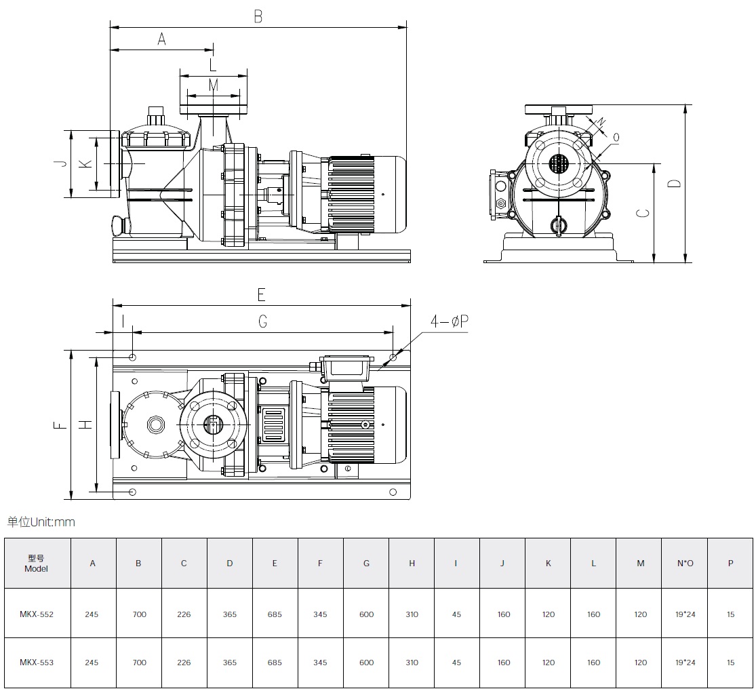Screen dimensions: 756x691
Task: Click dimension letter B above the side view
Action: [258, 16]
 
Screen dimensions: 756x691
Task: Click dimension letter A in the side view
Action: [161, 39]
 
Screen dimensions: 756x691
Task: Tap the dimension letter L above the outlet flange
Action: [213, 64]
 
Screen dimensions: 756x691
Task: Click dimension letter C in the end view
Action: [643, 213]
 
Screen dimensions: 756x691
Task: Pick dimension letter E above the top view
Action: [261, 294]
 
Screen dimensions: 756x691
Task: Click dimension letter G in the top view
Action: [263, 321]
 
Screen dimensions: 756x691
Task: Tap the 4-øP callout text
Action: [450, 321]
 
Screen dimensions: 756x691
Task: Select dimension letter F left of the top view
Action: [60, 425]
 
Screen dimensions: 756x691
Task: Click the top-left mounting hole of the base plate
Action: [133, 357]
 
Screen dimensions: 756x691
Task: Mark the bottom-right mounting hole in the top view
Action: [393, 492]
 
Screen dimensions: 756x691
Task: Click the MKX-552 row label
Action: [37, 614]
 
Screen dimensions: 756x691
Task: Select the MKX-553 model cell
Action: [37, 662]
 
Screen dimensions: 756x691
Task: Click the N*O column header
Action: [685, 564]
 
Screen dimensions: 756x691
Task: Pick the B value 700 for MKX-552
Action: [140, 614]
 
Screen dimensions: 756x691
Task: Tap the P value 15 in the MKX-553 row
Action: [730, 662]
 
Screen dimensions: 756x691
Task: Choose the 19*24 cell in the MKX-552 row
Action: [685, 614]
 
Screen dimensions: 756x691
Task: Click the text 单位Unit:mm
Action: [41, 521]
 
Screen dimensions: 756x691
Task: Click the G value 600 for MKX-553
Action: [366, 662]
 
